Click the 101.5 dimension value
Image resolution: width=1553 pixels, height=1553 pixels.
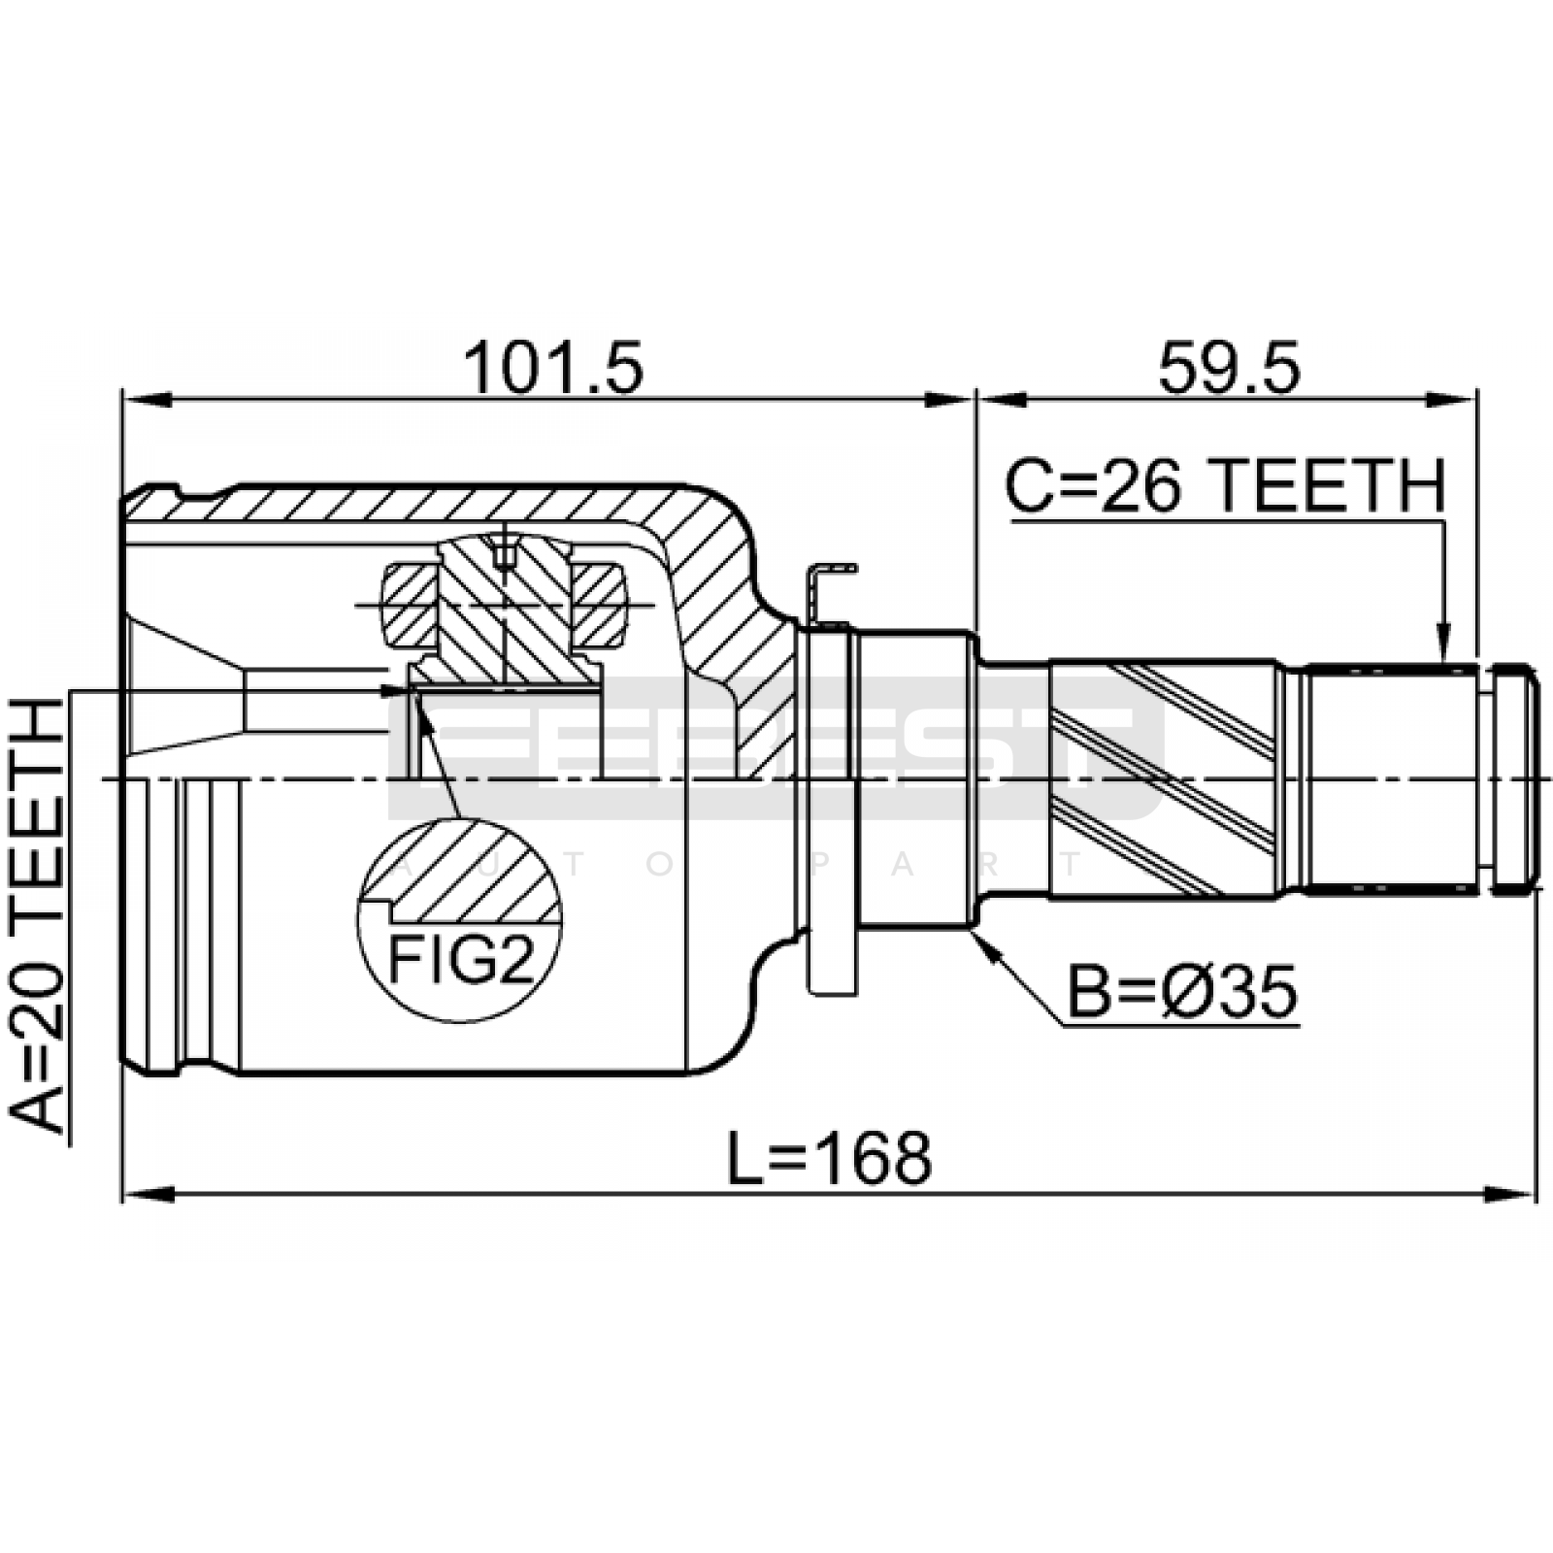552,369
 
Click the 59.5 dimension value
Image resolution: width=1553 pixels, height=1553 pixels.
1228,369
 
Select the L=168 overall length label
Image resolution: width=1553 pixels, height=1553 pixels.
830,1158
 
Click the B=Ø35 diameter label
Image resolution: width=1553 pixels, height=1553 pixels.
1182,992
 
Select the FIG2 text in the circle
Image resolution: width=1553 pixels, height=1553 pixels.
461,960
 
